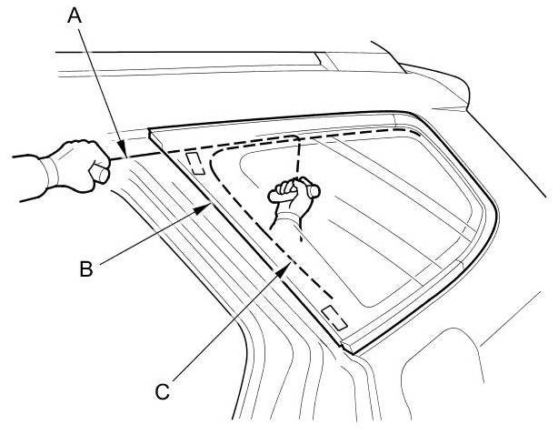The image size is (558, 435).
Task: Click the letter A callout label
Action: (x=75, y=16)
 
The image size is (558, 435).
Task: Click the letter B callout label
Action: (x=85, y=269)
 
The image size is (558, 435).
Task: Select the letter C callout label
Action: (x=163, y=392)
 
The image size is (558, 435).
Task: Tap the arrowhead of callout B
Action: (x=202, y=208)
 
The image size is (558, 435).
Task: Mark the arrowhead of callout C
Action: (x=284, y=269)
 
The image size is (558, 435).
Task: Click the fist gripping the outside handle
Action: (x=80, y=166)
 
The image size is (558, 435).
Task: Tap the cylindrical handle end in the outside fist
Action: (x=100, y=172)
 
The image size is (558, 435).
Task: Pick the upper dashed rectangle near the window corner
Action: (x=195, y=163)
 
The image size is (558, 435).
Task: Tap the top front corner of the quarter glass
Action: (x=149, y=129)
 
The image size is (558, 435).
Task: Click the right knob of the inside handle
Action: (x=314, y=190)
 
